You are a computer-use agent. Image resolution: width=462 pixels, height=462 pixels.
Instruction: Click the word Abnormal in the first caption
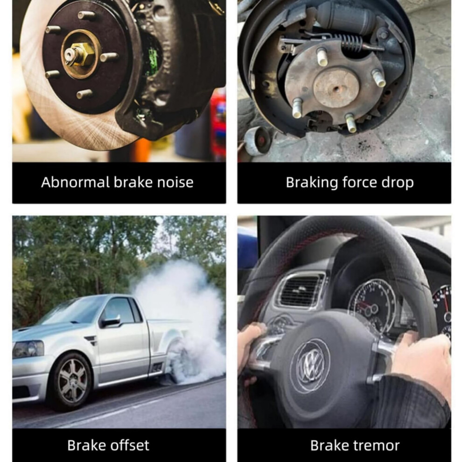point(75,182)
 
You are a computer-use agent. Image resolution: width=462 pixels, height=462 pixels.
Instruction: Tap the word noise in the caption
point(175,182)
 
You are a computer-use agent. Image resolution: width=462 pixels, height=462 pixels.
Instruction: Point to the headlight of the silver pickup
point(28,349)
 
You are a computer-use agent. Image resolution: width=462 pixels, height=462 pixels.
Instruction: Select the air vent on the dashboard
point(301,291)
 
